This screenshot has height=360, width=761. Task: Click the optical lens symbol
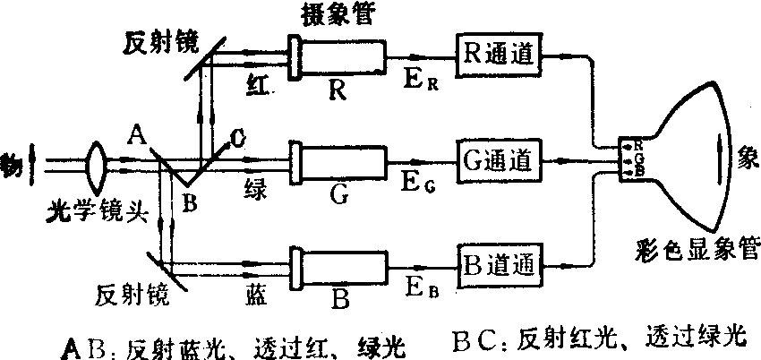coord(99,164)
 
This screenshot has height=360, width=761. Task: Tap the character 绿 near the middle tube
coord(257,186)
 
